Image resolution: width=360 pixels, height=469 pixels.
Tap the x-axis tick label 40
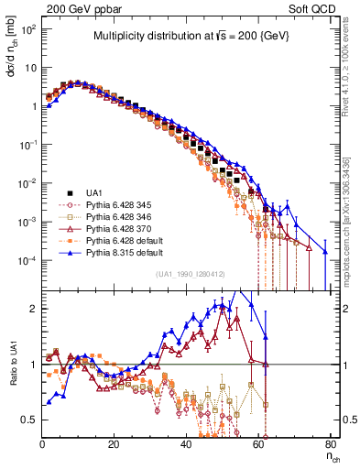tap(186, 443)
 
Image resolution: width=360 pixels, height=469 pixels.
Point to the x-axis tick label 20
tap(114, 443)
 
